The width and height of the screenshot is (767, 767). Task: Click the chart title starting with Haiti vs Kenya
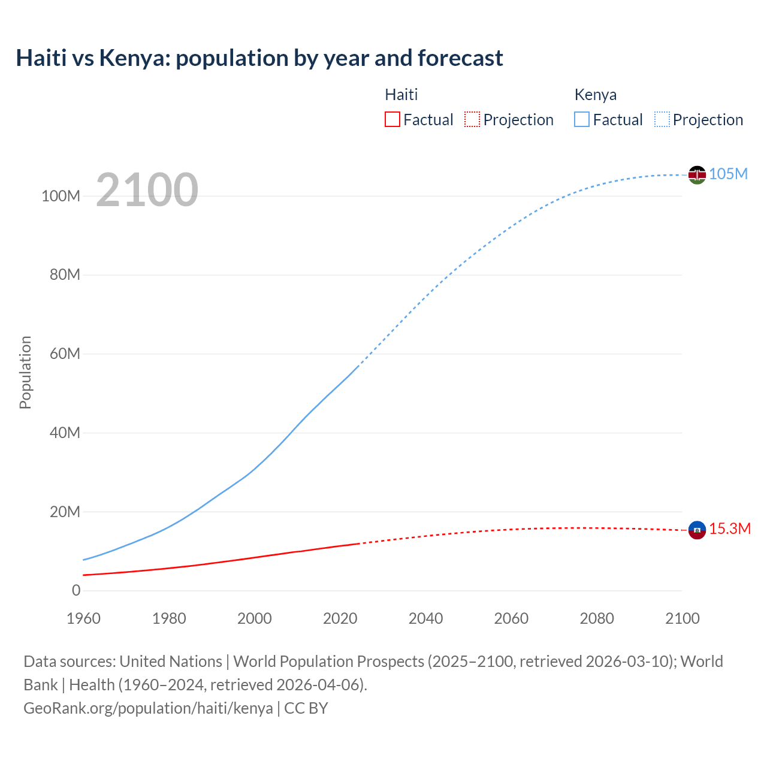click(x=259, y=58)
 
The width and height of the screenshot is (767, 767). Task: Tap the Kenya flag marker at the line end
click(x=697, y=174)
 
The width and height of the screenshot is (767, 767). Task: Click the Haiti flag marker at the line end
click(x=697, y=530)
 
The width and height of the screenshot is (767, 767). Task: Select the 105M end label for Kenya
click(x=728, y=174)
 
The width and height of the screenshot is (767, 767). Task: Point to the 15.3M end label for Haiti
click(x=730, y=529)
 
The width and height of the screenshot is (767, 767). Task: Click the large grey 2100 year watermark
click(x=147, y=190)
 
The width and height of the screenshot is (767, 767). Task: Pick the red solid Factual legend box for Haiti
click(x=392, y=120)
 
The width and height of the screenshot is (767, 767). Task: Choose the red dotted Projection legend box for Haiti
click(x=472, y=120)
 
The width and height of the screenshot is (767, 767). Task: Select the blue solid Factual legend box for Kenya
click(x=581, y=120)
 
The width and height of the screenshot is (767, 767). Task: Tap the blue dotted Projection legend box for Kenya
click(x=662, y=120)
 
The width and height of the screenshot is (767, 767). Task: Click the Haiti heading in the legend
click(x=401, y=95)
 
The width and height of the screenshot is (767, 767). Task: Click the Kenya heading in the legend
click(x=595, y=95)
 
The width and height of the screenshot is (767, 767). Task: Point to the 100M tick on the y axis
click(x=61, y=196)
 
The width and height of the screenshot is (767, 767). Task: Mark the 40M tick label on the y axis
click(x=64, y=433)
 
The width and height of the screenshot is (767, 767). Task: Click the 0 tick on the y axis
click(x=76, y=590)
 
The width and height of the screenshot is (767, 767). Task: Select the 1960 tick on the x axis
click(x=83, y=618)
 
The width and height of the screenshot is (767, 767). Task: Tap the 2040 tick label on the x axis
click(x=425, y=618)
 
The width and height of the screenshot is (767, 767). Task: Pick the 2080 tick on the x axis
click(x=596, y=618)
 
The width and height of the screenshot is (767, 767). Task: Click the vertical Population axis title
click(x=25, y=372)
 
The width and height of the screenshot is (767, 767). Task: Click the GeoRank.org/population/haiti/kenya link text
click(x=148, y=708)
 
